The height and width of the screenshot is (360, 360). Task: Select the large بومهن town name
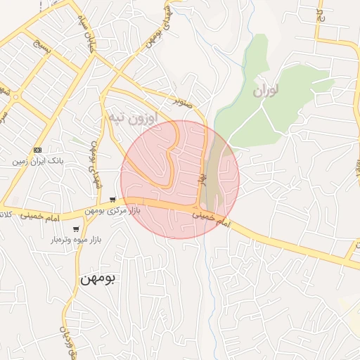[x=101, y=278]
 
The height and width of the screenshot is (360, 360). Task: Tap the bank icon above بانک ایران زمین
[x=38, y=150]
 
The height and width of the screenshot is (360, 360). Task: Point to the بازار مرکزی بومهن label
[x=113, y=210]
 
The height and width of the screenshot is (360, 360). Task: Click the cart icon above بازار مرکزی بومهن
[x=113, y=200]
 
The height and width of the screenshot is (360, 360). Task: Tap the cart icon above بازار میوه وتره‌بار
[x=76, y=229]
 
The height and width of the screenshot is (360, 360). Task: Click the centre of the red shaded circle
[x=180, y=179]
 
